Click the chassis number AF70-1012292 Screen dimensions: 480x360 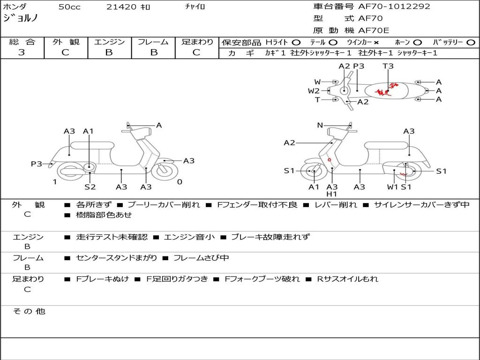pos(394,7)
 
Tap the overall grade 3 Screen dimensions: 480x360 pos(21,52)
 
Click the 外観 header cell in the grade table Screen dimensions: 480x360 pos(66,42)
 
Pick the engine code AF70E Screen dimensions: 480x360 pos(374,30)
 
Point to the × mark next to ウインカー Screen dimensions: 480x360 pos(376,43)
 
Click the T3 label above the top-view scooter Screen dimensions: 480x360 pos(388,66)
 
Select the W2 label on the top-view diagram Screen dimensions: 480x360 pos(314,90)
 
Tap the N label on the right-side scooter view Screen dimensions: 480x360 pos(320,125)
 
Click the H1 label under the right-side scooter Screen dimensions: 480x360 pos(331,194)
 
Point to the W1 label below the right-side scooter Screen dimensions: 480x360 pos(392,187)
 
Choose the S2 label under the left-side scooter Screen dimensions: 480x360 pos(90,187)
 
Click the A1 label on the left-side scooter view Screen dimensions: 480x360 pos(88,131)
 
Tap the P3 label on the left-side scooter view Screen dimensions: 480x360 pos(37,164)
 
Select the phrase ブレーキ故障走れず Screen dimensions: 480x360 pos(270,237)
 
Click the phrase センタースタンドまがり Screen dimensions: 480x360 pos(116,258)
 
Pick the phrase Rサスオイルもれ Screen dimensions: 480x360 pos(347,279)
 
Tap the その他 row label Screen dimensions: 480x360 pos(29,311)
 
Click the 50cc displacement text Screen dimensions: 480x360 pos(69,7)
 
